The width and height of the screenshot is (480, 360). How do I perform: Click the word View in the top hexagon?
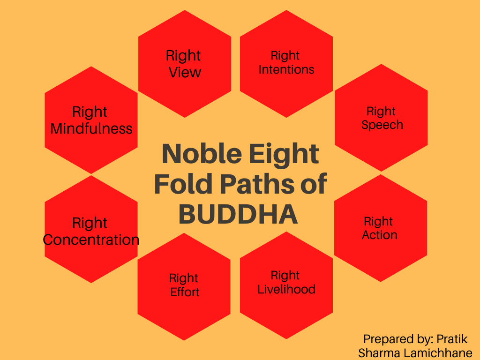[185, 73]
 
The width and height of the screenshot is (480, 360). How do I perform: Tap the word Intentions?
[286, 70]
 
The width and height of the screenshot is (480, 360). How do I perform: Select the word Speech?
[382, 125]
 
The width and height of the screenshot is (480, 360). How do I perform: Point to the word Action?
[380, 235]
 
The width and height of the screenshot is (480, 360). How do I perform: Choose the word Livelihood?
[286, 289]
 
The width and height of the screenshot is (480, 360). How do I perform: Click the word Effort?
[185, 292]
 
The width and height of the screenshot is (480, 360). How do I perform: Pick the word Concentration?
[91, 240]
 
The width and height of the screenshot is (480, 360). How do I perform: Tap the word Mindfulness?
[91, 129]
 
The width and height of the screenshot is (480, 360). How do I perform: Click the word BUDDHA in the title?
[239, 214]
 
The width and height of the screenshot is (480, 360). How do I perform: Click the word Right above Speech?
[381, 112]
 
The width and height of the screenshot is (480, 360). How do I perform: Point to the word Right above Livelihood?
[285, 275]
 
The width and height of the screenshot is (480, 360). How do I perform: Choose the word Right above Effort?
[184, 278]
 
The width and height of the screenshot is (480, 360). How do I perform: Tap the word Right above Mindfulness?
[90, 112]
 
